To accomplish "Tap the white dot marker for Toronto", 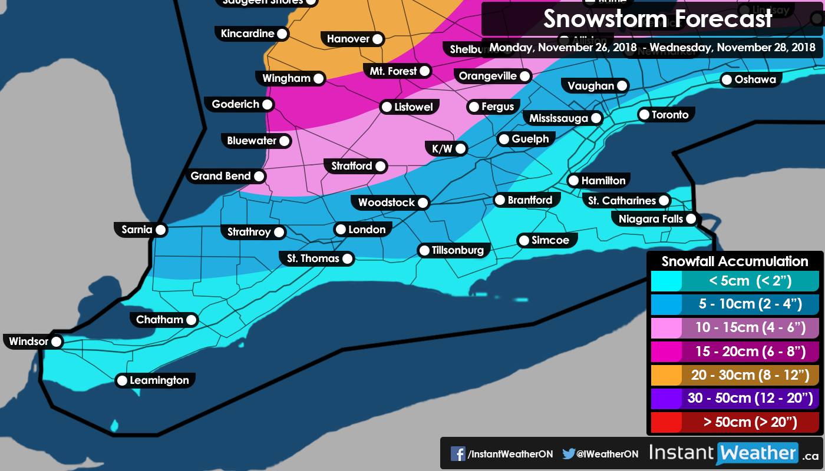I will tap(644, 115).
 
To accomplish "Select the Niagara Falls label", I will tap(651, 219).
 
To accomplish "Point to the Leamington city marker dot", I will tap(122, 381).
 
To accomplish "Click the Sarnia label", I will tap(137, 230).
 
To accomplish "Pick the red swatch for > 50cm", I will tap(666, 422).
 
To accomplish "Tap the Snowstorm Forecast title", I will tap(657, 19).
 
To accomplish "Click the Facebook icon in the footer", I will tap(458, 454).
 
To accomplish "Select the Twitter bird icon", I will tap(568, 454).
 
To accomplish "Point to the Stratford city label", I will tap(352, 166).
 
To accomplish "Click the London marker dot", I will tap(341, 230).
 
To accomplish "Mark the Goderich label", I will tap(236, 104).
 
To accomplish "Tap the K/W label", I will tap(442, 149).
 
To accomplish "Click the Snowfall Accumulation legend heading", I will tap(734, 261).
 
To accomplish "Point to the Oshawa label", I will tap(755, 79).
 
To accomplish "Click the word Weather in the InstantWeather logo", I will tap(757, 453).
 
